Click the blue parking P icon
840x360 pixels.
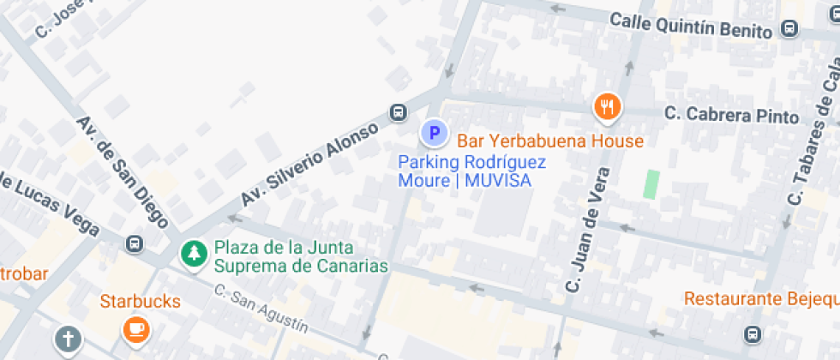coord(434,133)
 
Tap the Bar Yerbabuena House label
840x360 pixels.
coord(549,141)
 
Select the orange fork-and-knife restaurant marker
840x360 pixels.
coord(607,105)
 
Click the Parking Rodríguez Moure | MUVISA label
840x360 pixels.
coord(472,171)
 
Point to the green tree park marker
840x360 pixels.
coord(195,254)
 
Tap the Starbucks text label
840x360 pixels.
coord(141,302)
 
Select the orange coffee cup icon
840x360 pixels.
coord(135,329)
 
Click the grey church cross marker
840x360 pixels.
coord(68,339)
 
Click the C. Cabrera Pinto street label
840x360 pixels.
coord(731,115)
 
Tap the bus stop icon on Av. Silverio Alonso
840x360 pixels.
coord(399,112)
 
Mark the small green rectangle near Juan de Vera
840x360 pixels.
coord(651,184)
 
